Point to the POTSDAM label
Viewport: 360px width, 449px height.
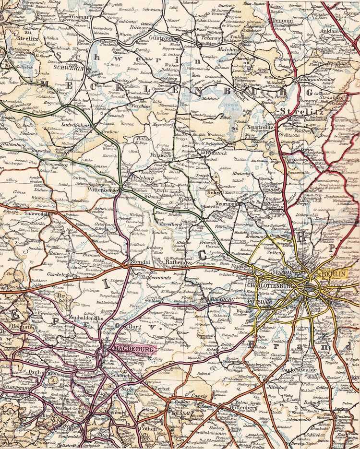[260, 302]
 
